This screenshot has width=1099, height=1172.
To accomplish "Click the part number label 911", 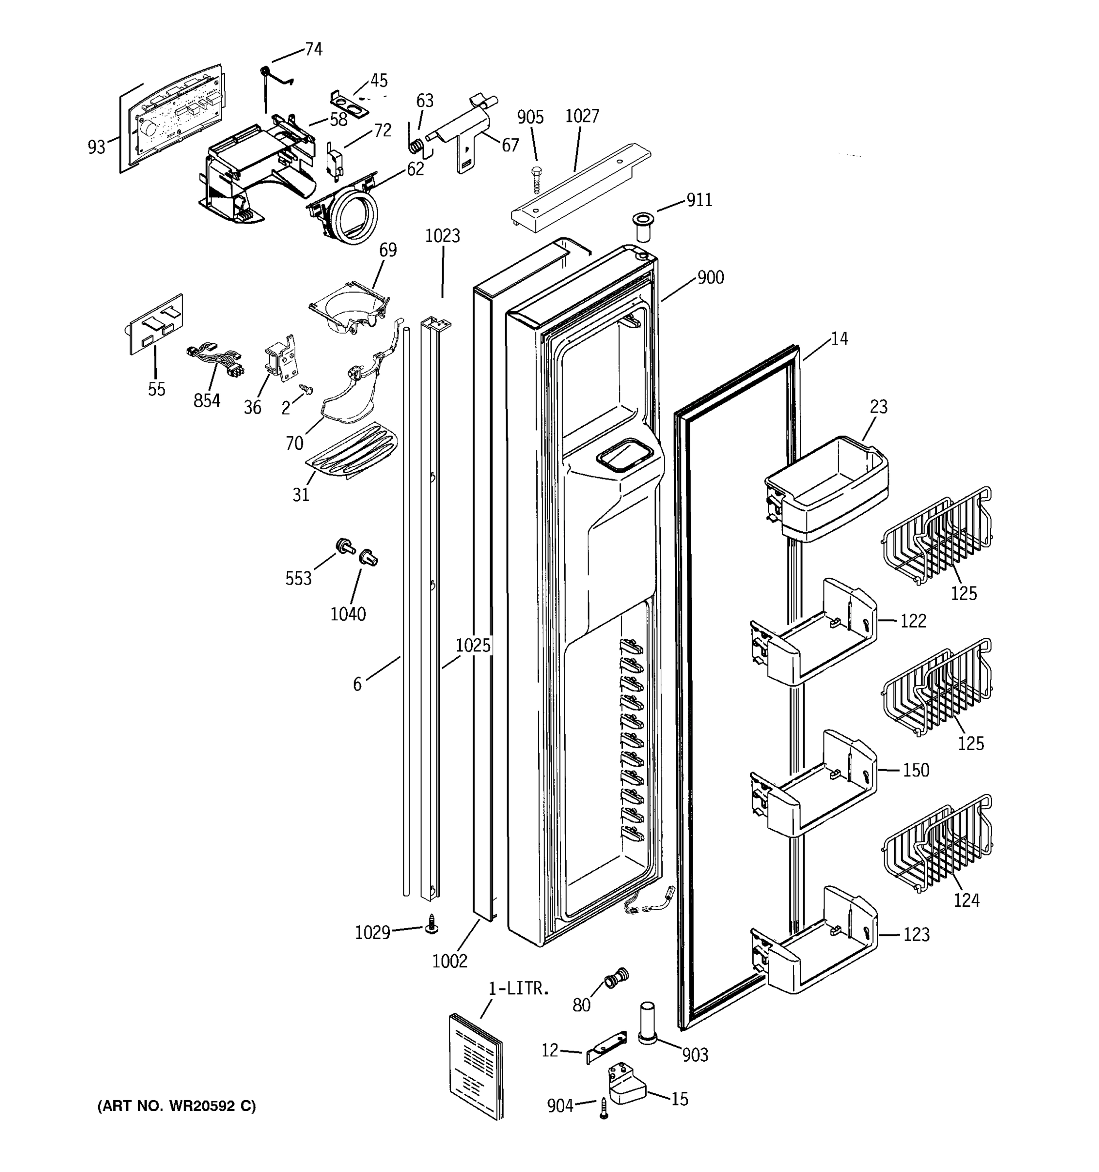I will (699, 200).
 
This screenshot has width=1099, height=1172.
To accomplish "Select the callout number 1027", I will (582, 116).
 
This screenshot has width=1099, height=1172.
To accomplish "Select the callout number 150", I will (916, 770).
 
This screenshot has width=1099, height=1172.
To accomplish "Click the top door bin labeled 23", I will (828, 487).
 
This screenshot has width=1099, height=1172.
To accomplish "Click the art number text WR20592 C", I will (177, 1107).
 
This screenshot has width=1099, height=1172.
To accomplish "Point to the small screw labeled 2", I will (307, 389).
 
